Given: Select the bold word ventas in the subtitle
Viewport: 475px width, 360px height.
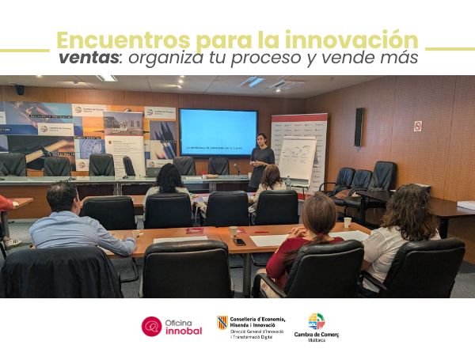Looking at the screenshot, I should (x=87, y=59).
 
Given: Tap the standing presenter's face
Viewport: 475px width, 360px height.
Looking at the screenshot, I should (x=260, y=139).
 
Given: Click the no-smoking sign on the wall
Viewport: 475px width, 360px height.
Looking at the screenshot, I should (x=417, y=126).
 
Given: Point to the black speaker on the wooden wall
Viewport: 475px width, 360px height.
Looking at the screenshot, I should (x=359, y=127).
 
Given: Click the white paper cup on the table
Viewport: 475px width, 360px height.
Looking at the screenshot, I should (x=347, y=222).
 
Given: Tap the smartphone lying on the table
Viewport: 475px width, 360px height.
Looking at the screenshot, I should (x=239, y=241).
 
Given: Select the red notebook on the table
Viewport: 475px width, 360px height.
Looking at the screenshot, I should (x=194, y=230).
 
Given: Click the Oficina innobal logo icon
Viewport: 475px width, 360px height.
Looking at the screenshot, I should (x=151, y=326).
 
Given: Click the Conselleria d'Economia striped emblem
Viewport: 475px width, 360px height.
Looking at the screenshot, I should (x=222, y=322).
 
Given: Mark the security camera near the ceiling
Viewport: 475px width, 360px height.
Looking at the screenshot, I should (x=19, y=89).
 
